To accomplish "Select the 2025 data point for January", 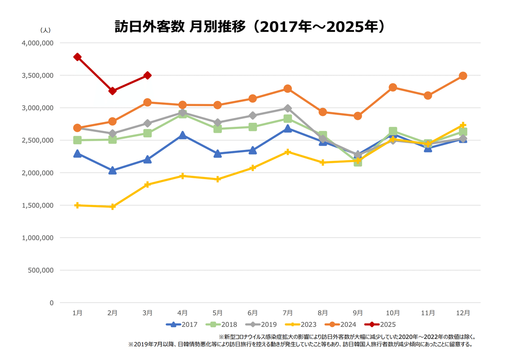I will (x=77, y=57).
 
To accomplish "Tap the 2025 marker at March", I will (x=147, y=75).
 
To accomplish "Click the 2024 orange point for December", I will (x=463, y=76).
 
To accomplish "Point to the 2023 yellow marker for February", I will (x=113, y=207).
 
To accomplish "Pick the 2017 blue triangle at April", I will (x=183, y=135).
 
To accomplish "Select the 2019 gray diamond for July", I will (x=288, y=108).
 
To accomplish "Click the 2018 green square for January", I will (x=77, y=140).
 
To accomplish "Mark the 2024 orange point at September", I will (x=358, y=116).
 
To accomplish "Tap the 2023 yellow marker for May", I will (x=218, y=179).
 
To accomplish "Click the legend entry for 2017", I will (x=181, y=324).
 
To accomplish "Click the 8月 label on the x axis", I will (x=323, y=313).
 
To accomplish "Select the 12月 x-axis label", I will (x=463, y=313).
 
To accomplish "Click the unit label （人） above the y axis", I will (x=45, y=30).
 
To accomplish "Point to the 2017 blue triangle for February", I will (x=113, y=171).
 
